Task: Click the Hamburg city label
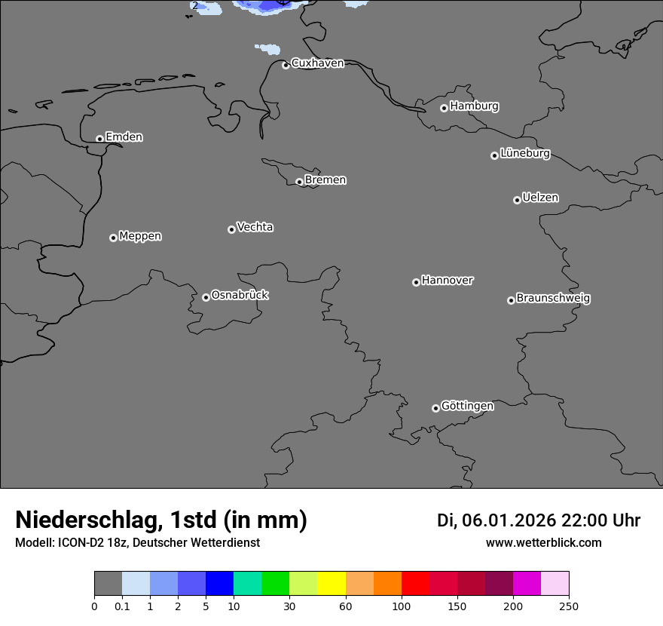pos(474,106)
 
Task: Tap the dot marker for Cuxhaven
pos(286,66)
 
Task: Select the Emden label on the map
pos(124,137)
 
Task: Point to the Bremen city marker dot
pos(299,182)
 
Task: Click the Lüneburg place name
pos(525,154)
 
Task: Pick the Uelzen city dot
pos(517,200)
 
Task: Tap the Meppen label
pos(140,236)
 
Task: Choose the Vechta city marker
pos(231,229)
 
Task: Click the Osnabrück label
pos(240,295)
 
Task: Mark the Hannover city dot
pos(416,282)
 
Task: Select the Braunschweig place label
pos(553,298)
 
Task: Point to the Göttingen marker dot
pos(435,408)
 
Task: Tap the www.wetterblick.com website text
pos(543,543)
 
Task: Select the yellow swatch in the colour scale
pos(331,584)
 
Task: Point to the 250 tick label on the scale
pos(569,606)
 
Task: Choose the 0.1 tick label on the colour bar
pos(122,606)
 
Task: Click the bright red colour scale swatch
pos(415,584)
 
